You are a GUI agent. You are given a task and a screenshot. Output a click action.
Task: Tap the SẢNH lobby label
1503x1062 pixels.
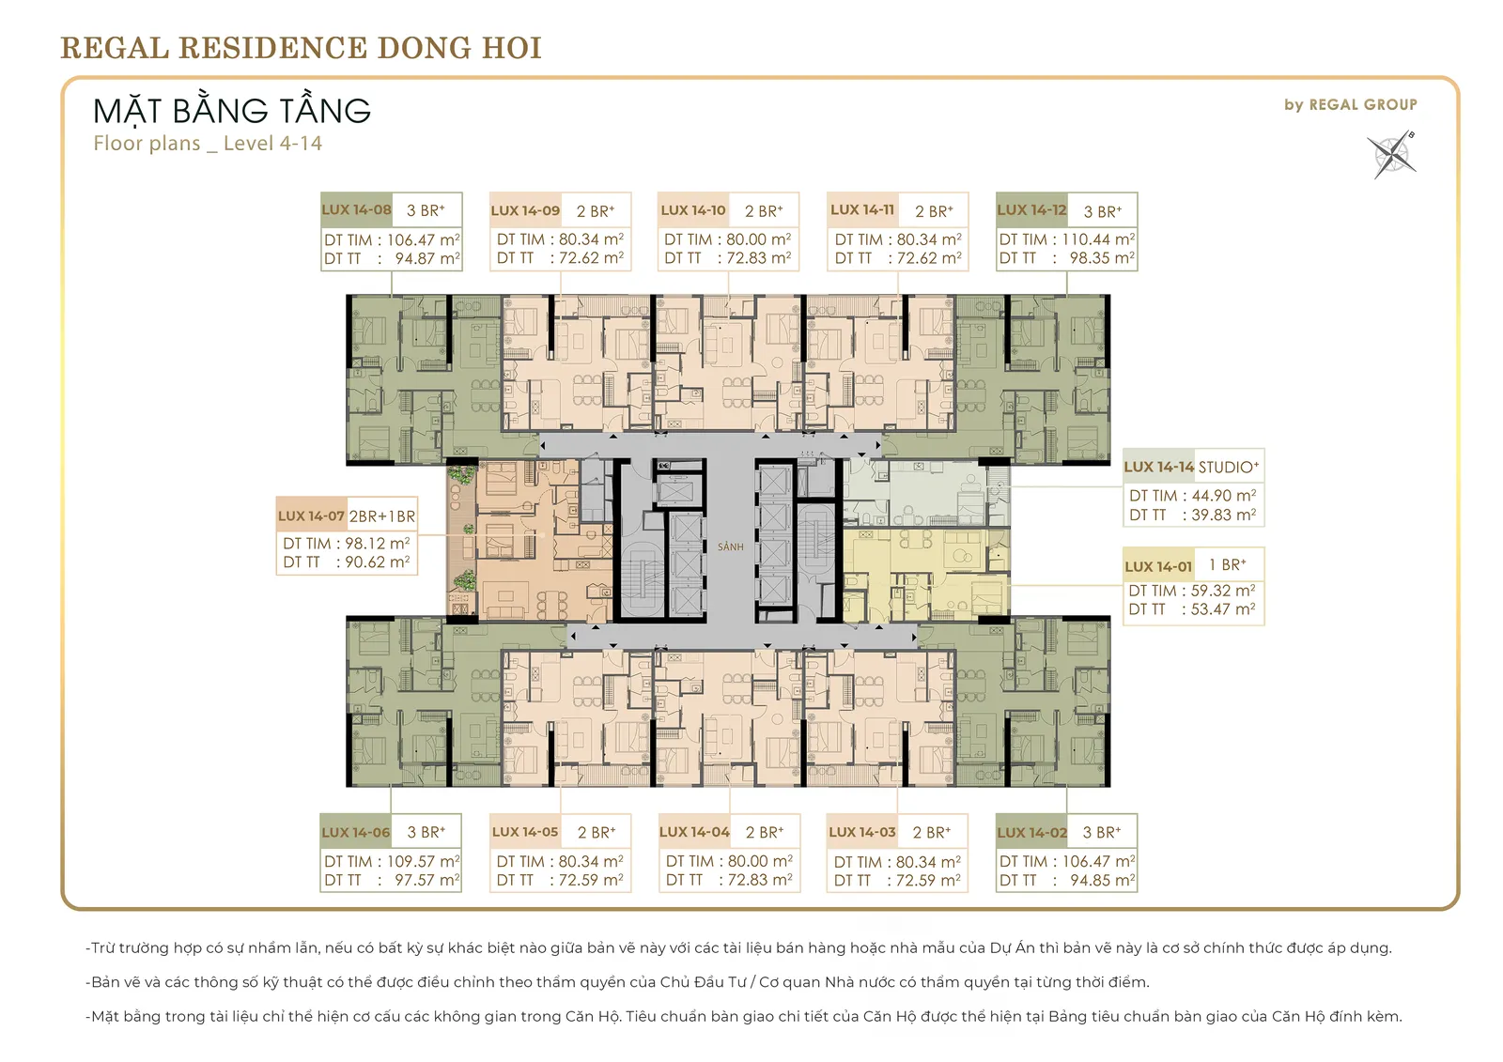click(731, 546)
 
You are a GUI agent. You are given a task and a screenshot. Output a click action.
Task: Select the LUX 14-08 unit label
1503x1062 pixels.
click(356, 209)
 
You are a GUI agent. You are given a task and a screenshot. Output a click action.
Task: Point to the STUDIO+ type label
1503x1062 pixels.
click(1229, 467)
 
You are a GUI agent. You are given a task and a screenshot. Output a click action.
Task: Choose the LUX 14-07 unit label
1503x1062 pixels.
click(311, 516)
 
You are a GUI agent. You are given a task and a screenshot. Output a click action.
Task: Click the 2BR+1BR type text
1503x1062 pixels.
click(381, 516)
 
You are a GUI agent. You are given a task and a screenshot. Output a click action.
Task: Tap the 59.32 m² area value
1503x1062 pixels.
click(1222, 591)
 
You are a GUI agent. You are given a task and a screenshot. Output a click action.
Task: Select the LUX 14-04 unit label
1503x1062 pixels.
click(694, 832)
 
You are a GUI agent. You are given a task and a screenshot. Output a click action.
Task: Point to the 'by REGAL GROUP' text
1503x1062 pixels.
click(1351, 104)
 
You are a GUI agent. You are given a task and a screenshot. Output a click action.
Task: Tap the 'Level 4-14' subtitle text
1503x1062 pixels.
click(272, 143)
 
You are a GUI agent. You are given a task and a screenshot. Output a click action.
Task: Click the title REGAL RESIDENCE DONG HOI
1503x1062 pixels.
click(302, 48)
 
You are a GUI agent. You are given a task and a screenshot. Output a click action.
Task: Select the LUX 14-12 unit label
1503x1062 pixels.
click(1032, 209)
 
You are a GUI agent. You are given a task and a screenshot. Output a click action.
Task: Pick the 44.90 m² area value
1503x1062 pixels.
click(1223, 495)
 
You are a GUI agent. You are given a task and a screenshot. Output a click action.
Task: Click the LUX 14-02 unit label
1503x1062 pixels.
click(1032, 833)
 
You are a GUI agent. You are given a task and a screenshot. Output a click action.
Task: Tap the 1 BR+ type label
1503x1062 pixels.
click(1227, 565)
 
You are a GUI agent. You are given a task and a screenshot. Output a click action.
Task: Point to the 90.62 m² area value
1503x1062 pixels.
click(377, 562)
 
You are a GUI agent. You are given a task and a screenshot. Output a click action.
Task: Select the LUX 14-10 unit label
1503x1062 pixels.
click(693, 210)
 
